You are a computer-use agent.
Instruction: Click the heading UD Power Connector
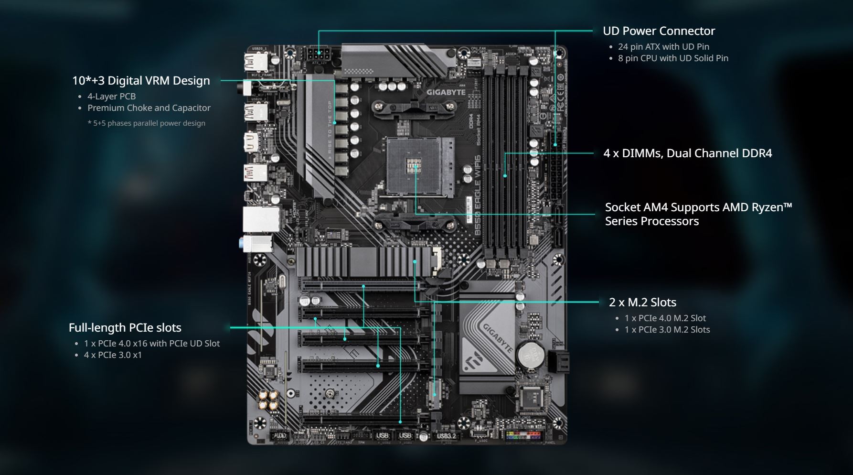tap(659, 31)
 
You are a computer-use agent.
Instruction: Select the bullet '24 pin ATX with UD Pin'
tap(663, 47)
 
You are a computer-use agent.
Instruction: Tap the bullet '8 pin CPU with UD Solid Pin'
tap(673, 58)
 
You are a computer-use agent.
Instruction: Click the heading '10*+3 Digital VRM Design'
tap(141, 81)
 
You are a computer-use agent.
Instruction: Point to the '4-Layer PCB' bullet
tap(111, 97)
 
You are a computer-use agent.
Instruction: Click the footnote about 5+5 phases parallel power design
tap(146, 123)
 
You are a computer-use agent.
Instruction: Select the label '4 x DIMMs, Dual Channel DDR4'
tap(687, 153)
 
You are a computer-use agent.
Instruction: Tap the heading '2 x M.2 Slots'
tap(642, 302)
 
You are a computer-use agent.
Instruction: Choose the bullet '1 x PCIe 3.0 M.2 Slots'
tap(667, 330)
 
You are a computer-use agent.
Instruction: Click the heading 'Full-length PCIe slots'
tap(125, 328)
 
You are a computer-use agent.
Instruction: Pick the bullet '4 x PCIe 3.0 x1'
tap(113, 355)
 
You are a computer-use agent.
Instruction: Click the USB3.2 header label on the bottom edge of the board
tap(446, 436)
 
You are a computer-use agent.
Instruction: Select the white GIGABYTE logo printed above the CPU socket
tap(446, 92)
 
